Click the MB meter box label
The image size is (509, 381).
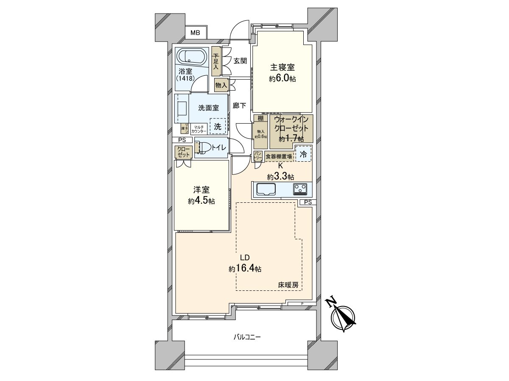pyautogui.click(x=195, y=33)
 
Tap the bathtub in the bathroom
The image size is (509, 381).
pyautogui.click(x=191, y=57)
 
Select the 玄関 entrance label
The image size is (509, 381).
pyautogui.click(x=240, y=61)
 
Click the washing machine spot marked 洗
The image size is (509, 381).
pyautogui.click(x=218, y=126)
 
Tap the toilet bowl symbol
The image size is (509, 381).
pyautogui.click(x=204, y=147)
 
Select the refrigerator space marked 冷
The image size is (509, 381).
pyautogui.click(x=303, y=154)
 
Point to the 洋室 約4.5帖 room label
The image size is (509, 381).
pyautogui.click(x=201, y=196)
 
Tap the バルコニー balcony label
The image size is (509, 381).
pyautogui.click(x=246, y=337)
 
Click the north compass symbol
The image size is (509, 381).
pyautogui.click(x=344, y=317)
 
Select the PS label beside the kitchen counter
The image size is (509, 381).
pyautogui.click(x=308, y=202)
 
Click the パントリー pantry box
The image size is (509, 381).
pyautogui.click(x=258, y=156)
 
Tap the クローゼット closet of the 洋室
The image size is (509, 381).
pyautogui.click(x=183, y=152)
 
